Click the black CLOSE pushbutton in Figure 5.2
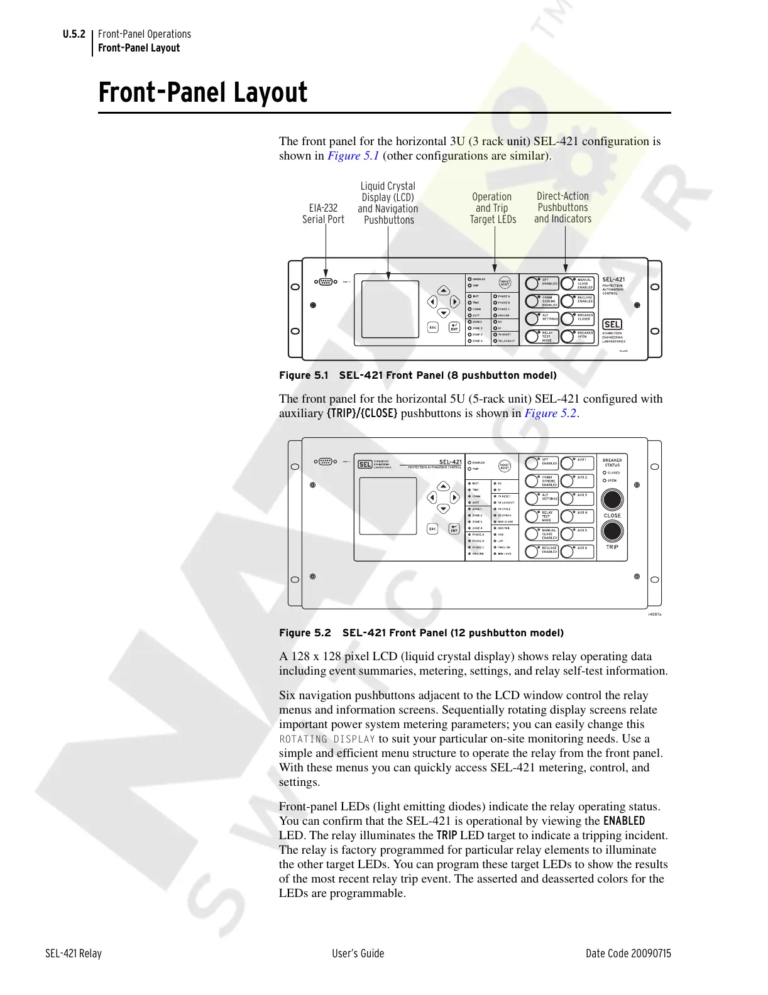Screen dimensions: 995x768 click(x=612, y=499)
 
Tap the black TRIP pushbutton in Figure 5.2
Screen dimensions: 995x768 click(x=612, y=531)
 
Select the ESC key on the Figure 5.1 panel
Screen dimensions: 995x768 click(x=432, y=327)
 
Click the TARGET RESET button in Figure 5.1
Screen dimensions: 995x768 click(x=505, y=283)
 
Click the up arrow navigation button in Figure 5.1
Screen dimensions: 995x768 click(x=444, y=290)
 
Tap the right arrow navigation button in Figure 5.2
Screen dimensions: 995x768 click(x=455, y=497)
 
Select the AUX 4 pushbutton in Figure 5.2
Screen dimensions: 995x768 click(x=576, y=516)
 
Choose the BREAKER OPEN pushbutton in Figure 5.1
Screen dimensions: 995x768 click(x=577, y=336)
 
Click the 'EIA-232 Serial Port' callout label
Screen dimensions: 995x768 click(x=323, y=214)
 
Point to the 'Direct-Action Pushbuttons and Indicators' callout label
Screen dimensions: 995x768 click(x=562, y=207)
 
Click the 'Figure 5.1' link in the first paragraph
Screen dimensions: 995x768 click(x=353, y=156)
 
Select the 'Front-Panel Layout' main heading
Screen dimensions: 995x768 click(x=203, y=93)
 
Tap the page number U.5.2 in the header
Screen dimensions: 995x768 click(x=74, y=34)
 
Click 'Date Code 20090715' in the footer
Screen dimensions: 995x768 click(x=628, y=954)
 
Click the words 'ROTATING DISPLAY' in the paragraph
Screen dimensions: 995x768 click(x=327, y=739)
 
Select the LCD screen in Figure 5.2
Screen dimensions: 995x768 click(x=387, y=506)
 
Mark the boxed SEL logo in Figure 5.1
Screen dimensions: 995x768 click(x=612, y=324)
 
